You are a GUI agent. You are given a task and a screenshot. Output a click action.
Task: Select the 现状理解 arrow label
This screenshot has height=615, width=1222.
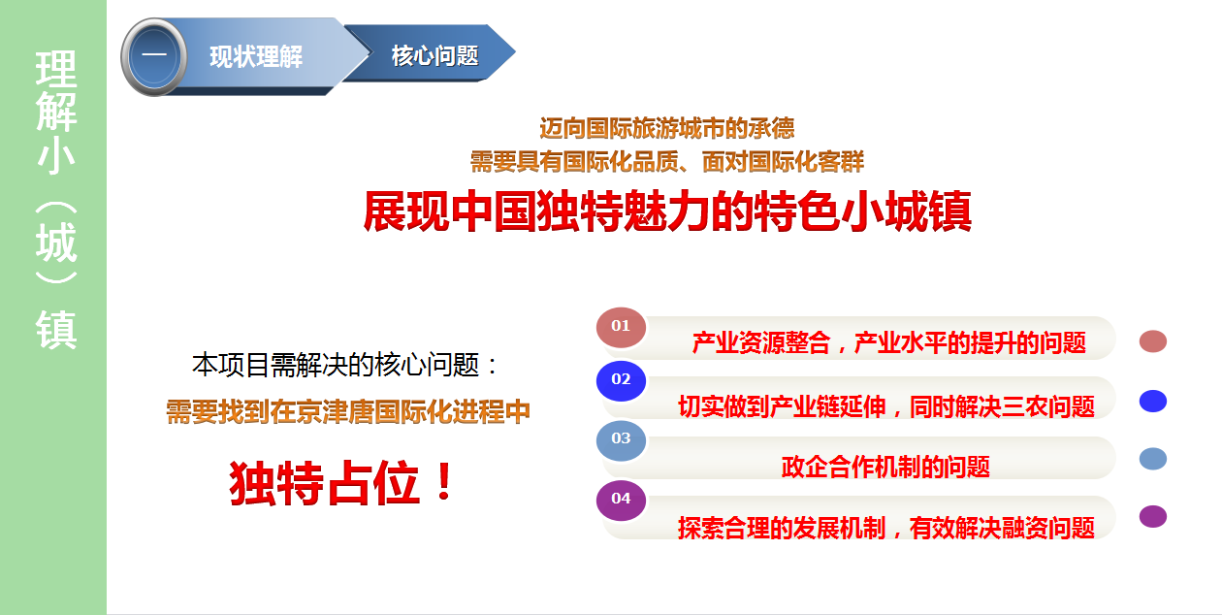click(x=256, y=57)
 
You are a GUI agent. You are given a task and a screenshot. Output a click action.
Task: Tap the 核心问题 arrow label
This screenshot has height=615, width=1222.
click(x=434, y=55)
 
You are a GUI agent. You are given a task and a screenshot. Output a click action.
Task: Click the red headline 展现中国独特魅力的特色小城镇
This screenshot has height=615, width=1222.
click(x=667, y=211)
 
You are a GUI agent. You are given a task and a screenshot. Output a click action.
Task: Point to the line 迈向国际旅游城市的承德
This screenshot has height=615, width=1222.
click(x=666, y=129)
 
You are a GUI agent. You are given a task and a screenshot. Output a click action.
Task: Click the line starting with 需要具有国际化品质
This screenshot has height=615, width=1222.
click(x=666, y=162)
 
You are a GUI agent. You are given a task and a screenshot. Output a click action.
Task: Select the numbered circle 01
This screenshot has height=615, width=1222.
click(x=621, y=328)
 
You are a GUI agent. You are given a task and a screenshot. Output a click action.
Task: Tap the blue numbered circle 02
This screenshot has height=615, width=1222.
click(x=621, y=381)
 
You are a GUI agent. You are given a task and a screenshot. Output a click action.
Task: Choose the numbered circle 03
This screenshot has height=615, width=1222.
click(x=621, y=440)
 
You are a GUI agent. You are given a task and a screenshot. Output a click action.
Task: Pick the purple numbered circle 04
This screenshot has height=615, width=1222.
click(x=621, y=501)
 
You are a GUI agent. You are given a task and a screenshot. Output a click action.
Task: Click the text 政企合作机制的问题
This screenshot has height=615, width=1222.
click(x=885, y=468)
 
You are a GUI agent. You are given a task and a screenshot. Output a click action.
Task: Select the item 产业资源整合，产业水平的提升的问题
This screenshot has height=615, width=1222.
click(x=888, y=342)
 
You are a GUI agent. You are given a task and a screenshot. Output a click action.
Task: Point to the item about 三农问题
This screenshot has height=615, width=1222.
click(x=886, y=407)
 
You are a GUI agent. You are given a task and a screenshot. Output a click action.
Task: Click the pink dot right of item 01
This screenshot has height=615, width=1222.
click(x=1153, y=341)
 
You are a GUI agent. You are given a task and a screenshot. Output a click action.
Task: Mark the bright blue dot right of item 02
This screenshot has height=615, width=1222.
click(x=1153, y=401)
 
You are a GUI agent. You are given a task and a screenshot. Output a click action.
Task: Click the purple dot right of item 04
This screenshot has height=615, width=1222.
click(x=1153, y=516)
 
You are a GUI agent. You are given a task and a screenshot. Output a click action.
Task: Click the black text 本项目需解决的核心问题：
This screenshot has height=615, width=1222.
click(x=345, y=365)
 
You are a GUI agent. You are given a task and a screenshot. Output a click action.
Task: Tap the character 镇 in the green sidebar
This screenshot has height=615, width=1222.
click(x=56, y=330)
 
